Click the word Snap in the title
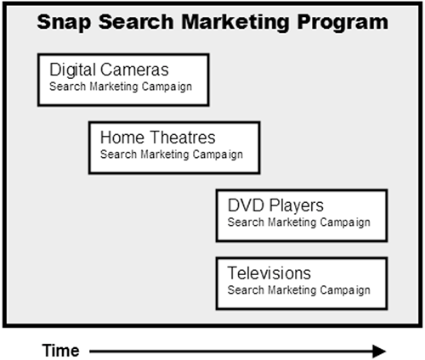tap(65, 23)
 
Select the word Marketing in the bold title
tap(235, 23)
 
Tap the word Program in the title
tap(343, 23)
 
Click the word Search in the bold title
tap(136, 22)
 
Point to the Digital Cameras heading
tap(109, 70)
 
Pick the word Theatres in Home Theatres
tap(183, 138)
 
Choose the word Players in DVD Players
tap(296, 206)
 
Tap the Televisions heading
tap(269, 273)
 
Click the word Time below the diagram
tap(61, 351)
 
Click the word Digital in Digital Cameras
tap(72, 70)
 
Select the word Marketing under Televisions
tap(292, 290)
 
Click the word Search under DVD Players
tap(246, 222)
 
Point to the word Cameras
tap(134, 70)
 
